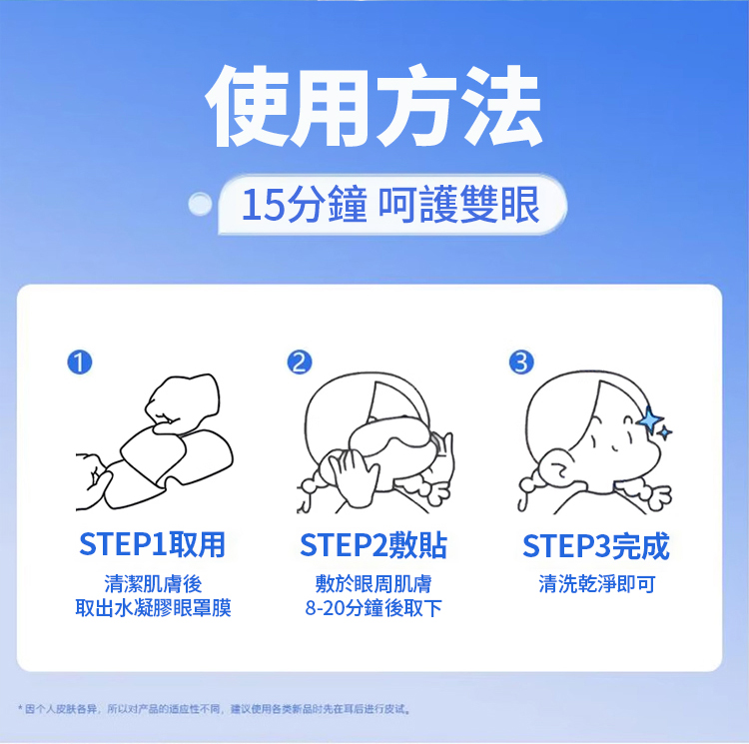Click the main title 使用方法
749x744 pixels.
click(374, 107)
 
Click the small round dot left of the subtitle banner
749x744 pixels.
click(200, 205)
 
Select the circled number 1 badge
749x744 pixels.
click(80, 362)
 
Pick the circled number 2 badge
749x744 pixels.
click(300, 362)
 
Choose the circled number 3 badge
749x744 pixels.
click(521, 362)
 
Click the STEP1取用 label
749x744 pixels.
click(152, 544)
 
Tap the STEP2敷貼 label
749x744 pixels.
click(374, 545)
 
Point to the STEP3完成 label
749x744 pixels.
click(595, 546)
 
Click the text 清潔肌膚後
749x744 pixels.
click(154, 583)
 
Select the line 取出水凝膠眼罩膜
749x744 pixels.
click(154, 608)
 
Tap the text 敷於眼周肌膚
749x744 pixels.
click(374, 583)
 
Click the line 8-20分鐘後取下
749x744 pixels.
click(374, 608)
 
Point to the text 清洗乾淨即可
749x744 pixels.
click(597, 583)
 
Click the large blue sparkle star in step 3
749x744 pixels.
click(649, 420)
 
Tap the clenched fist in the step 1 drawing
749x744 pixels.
click(183, 402)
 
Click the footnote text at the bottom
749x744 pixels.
click(215, 709)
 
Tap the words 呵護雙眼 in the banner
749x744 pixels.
click(458, 205)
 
